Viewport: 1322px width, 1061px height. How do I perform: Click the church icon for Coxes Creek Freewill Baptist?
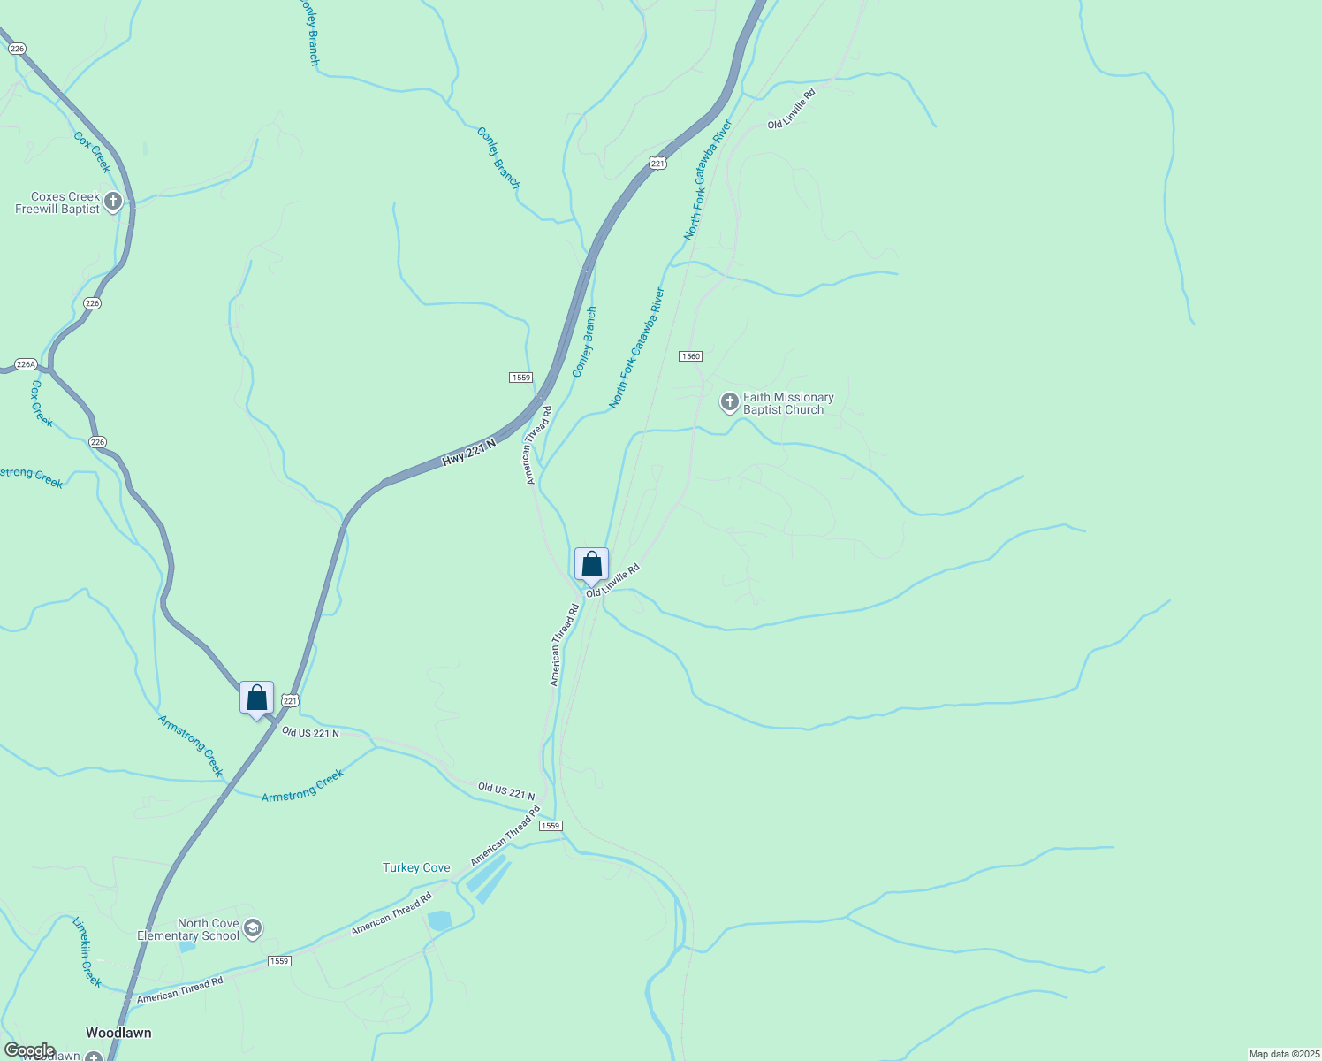pyautogui.click(x=112, y=202)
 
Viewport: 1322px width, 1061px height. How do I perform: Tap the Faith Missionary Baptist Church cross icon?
pyautogui.click(x=729, y=403)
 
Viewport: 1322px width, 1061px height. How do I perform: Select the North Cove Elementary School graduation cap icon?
pyautogui.click(x=253, y=927)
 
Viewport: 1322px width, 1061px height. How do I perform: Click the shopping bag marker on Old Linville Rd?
pyautogui.click(x=591, y=564)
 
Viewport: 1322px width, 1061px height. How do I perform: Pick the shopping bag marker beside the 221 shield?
pyautogui.click(x=256, y=698)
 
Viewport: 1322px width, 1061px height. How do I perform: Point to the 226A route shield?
pyautogui.click(x=26, y=364)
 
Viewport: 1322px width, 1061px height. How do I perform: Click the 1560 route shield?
pyautogui.click(x=690, y=356)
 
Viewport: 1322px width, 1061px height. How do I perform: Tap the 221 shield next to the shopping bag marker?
pyautogui.click(x=291, y=700)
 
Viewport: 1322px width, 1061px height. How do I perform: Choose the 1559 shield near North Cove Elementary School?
pyautogui.click(x=279, y=961)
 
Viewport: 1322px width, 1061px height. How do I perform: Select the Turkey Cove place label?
pyautogui.click(x=416, y=867)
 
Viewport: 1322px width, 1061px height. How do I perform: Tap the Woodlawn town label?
pyautogui.click(x=118, y=1033)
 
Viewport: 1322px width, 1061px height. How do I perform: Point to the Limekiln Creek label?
pyautogui.click(x=87, y=952)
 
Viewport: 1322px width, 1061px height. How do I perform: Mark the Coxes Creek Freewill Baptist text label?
pyautogui.click(x=58, y=203)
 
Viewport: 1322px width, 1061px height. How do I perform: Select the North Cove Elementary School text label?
pyautogui.click(x=188, y=929)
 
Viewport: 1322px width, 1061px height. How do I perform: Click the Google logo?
pyautogui.click(x=29, y=1050)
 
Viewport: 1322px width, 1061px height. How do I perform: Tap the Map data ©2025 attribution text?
pyautogui.click(x=1283, y=1054)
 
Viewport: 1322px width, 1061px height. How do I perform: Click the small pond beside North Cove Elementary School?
pyautogui.click(x=186, y=947)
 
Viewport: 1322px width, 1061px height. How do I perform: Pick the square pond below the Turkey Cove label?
pyautogui.click(x=439, y=920)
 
